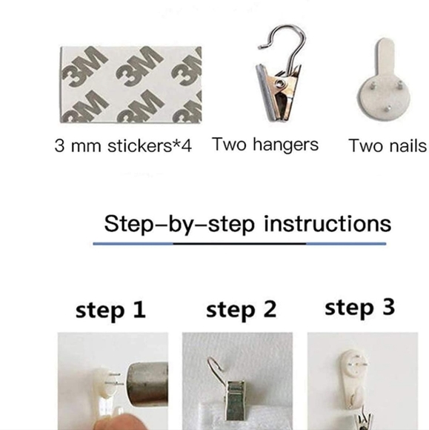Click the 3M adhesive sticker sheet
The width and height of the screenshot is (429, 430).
[130, 85]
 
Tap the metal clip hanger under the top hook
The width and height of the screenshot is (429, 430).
[279, 93]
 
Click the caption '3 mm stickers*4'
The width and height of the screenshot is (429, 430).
[123, 145]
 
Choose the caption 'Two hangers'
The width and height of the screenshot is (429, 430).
[265, 145]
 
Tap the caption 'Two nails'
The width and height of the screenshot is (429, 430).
[388, 145]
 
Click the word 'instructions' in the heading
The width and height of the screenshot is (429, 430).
[327, 223]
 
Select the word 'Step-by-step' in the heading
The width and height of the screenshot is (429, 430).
[179, 225]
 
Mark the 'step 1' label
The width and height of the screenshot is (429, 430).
[110, 310]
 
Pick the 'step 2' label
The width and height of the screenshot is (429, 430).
[242, 309]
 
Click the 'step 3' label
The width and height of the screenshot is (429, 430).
[360, 308]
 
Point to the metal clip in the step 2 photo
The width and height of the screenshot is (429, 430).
[235, 397]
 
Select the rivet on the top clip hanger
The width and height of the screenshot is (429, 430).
[279, 83]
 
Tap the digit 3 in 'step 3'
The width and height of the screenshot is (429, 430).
[389, 307]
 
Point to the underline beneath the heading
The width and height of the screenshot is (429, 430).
[239, 243]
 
